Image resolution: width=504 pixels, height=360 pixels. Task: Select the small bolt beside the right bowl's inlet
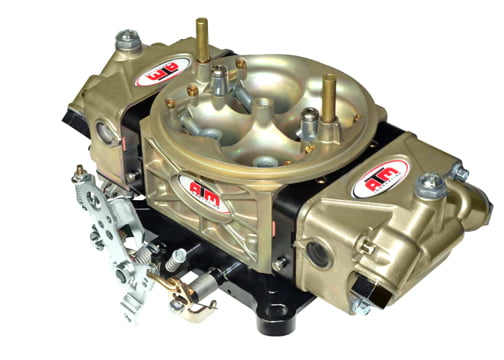coord(459,174)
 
